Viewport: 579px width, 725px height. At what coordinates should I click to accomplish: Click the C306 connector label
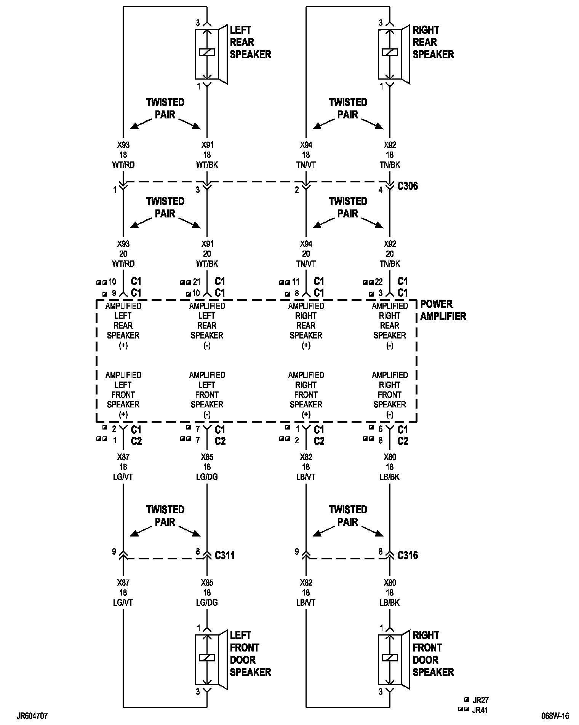407,186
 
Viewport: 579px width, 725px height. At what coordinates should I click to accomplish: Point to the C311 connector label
224,555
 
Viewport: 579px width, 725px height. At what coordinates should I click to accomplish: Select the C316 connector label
407,555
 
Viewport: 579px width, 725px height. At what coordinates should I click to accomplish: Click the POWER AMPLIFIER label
443,310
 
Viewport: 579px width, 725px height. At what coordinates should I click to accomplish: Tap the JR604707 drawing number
32,716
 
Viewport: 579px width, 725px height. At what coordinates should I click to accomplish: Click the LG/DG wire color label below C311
207,602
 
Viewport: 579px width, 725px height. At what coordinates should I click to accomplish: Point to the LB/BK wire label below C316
390,602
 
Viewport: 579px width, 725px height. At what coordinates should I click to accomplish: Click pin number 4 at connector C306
381,190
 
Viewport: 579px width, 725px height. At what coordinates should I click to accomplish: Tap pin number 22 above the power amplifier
379,282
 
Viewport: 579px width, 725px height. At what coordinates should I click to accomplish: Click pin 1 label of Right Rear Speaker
381,87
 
